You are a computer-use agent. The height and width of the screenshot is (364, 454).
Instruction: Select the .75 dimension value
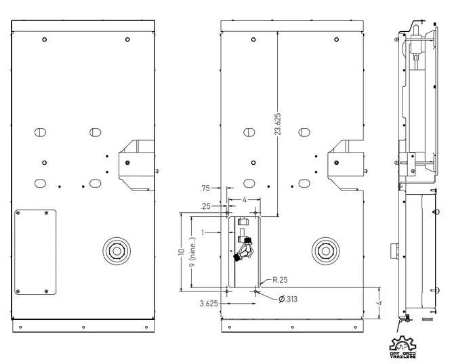[x=205, y=189]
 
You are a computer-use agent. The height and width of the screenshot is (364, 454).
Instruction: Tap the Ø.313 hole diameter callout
[x=287, y=298]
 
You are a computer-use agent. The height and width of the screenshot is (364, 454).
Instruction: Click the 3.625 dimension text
[x=209, y=304]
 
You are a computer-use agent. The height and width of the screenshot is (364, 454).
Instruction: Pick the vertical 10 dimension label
[x=181, y=251]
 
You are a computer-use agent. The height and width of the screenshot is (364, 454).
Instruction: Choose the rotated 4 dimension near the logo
[x=381, y=303]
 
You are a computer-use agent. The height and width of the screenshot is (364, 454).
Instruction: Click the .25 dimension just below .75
[x=205, y=205]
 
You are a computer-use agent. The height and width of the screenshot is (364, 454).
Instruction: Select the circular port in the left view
[x=117, y=251]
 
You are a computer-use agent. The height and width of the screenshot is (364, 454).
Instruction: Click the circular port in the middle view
[x=326, y=250]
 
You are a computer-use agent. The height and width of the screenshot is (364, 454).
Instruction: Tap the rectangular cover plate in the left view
[x=36, y=252]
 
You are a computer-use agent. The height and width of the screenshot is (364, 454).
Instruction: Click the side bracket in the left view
[x=136, y=165]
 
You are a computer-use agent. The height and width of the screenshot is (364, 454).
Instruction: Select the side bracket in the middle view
[x=346, y=165]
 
